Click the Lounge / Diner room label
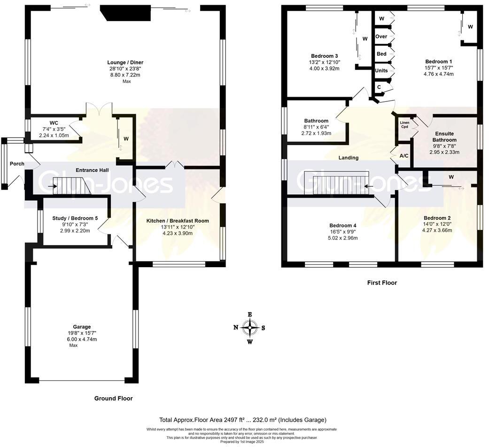(x=125, y=62)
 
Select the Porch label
(x=17, y=164)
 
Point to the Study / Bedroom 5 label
(x=75, y=218)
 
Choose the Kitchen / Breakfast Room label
(x=178, y=221)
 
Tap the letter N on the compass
(x=236, y=328)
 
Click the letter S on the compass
(x=263, y=328)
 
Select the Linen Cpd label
(x=404, y=125)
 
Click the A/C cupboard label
(x=404, y=155)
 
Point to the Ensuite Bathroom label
(x=444, y=137)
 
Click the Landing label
(x=348, y=158)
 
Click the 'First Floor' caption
(x=381, y=283)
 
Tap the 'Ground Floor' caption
(x=113, y=398)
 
